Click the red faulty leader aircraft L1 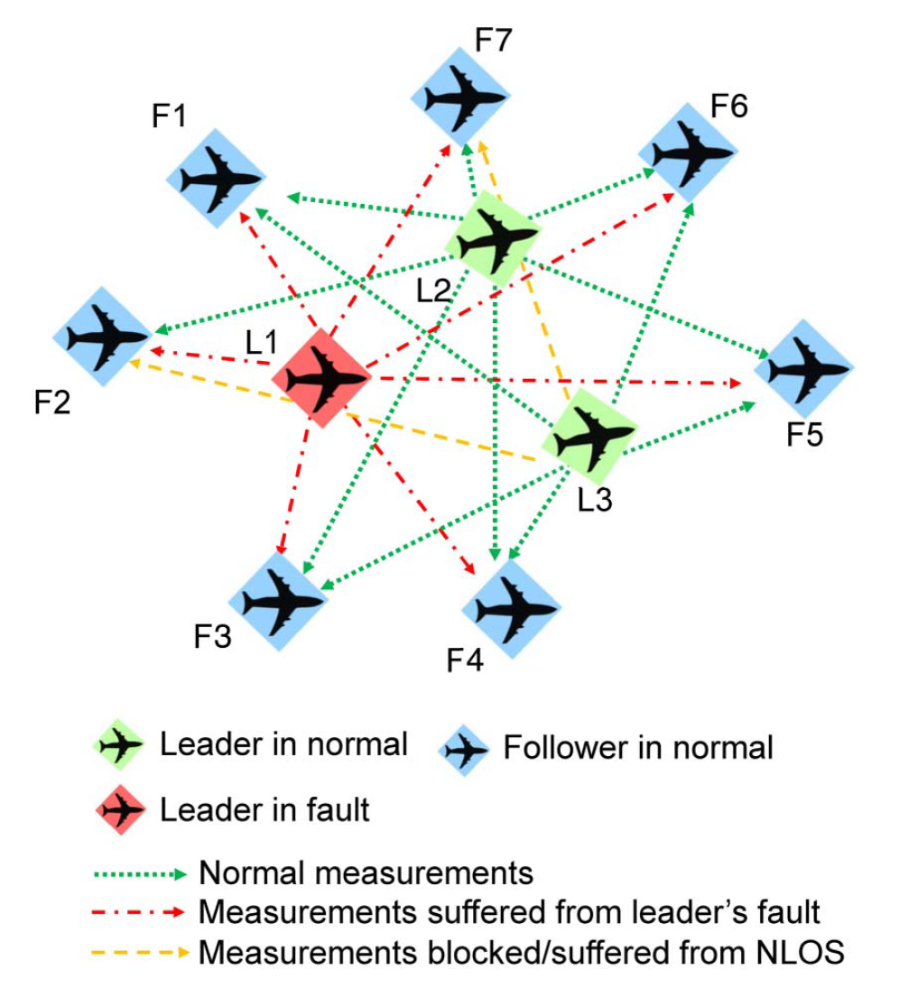(x=323, y=377)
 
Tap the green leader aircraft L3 (x=593, y=439)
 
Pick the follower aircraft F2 (x=104, y=337)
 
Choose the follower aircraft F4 (x=511, y=607)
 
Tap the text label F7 (x=493, y=40)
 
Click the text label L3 (x=595, y=498)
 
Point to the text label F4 (x=466, y=664)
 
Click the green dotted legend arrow (x=141, y=873)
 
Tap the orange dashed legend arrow (x=141, y=951)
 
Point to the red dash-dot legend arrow (x=141, y=912)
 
